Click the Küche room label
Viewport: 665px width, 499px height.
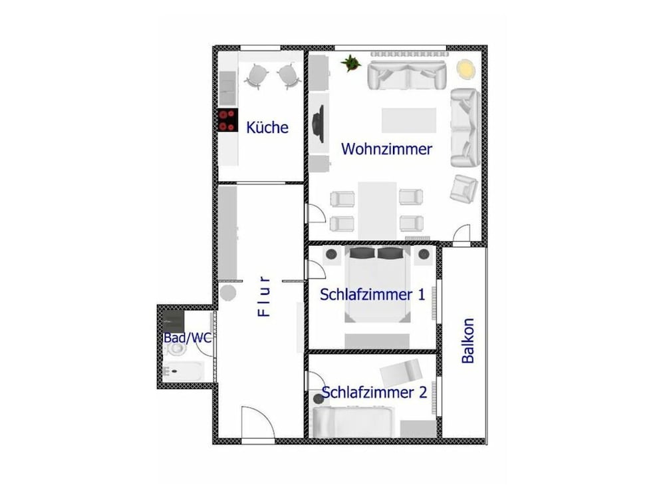point(267,127)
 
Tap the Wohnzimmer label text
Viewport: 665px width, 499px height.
point(386,149)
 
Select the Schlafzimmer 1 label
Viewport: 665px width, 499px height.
point(372,295)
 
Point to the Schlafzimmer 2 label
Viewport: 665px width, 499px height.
point(374,392)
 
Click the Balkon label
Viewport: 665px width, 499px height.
point(467,341)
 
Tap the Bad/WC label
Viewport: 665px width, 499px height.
point(188,338)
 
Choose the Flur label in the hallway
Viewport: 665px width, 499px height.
point(264,296)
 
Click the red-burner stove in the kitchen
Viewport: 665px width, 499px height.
point(227,120)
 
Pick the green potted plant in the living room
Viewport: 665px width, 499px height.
point(350,63)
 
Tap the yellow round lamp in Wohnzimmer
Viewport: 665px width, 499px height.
point(465,69)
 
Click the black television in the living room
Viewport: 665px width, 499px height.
point(318,124)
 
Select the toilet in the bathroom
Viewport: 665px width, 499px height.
point(175,349)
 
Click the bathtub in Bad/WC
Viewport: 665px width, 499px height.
point(184,371)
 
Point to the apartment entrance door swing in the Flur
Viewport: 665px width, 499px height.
point(258,422)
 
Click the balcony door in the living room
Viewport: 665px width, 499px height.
point(462,236)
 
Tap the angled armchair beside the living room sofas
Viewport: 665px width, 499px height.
point(464,189)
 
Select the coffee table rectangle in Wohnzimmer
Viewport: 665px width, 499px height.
point(409,120)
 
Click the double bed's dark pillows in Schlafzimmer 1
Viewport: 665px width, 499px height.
point(378,253)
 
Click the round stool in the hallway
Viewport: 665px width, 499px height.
point(227,293)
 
